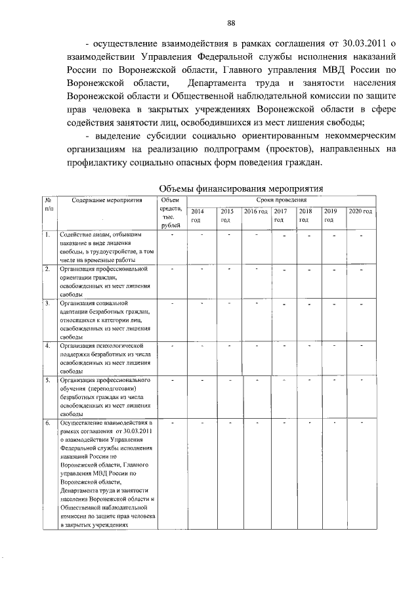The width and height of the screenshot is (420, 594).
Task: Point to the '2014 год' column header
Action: click(x=197, y=215)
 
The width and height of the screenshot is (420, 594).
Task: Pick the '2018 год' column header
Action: click(x=305, y=215)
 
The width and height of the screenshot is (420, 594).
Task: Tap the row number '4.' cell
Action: click(x=48, y=345)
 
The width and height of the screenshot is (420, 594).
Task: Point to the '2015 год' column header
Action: click(x=227, y=215)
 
